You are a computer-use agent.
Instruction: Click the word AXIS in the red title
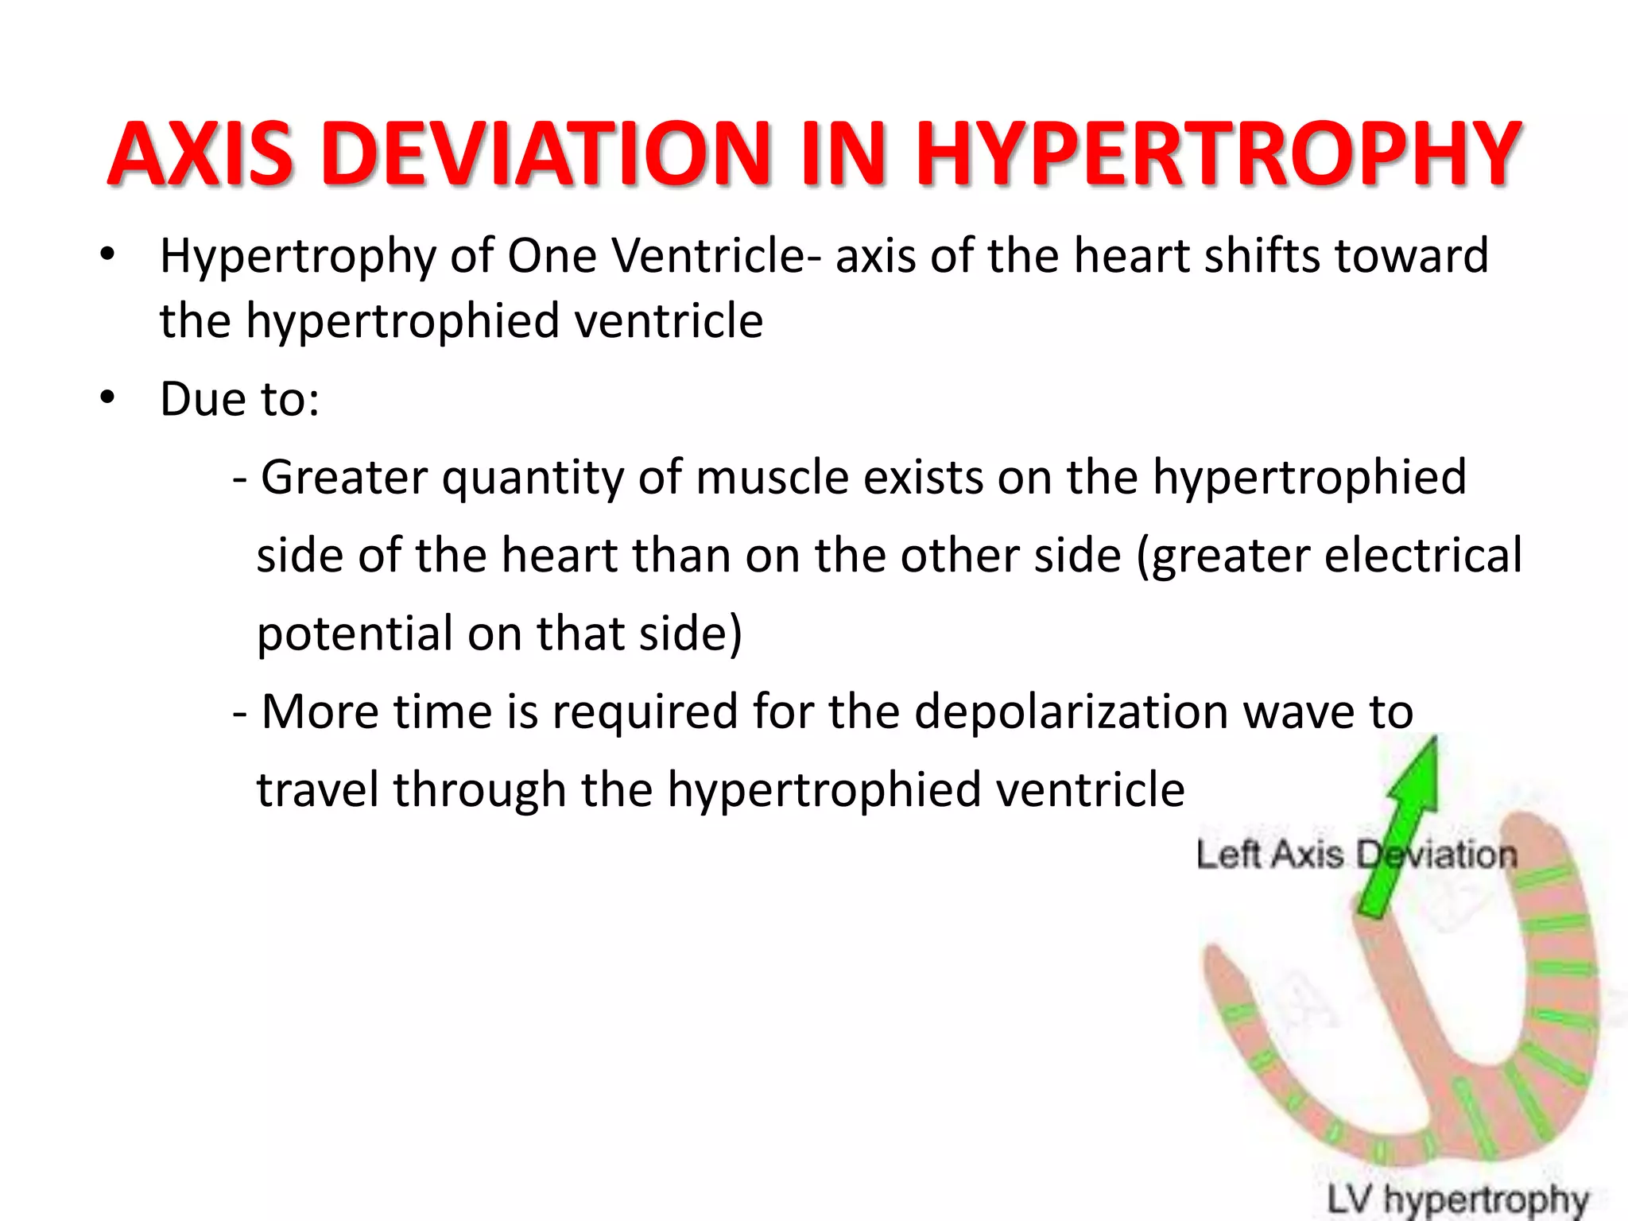coord(200,154)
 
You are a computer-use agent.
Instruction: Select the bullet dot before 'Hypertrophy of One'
coord(108,255)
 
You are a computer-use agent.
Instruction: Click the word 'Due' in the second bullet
coord(201,398)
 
